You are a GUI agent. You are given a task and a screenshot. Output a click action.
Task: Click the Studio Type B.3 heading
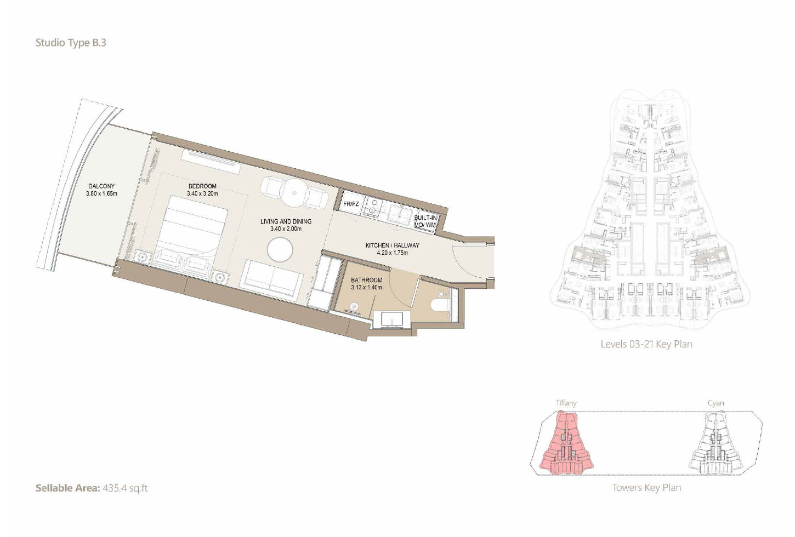tap(71, 43)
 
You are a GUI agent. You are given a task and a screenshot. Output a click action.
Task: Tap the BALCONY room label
tap(102, 186)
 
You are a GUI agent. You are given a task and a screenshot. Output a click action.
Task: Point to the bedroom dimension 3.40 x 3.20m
tap(202, 193)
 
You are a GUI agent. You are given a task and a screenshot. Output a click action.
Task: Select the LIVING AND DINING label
tap(286, 221)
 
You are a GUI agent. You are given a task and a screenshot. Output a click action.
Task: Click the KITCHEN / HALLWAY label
tap(392, 245)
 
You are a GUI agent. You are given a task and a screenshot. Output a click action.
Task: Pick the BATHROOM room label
tap(367, 280)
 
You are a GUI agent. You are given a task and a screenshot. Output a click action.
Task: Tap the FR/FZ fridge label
tap(351, 204)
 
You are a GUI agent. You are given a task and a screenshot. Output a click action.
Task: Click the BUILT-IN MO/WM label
tap(425, 221)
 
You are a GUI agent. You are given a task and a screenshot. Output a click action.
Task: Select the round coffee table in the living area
tap(280, 250)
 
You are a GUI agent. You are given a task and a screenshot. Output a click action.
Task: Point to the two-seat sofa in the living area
tap(272, 281)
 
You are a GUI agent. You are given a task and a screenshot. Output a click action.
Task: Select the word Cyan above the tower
tap(715, 403)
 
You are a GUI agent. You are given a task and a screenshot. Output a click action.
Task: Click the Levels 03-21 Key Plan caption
tap(646, 344)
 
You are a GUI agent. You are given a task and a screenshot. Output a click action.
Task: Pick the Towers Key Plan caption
tap(646, 488)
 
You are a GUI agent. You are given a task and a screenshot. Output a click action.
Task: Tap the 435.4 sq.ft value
tap(125, 488)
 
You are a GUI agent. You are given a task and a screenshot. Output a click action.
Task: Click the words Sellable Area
tap(67, 488)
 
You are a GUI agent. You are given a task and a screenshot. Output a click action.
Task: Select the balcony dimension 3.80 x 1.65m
tap(101, 193)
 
